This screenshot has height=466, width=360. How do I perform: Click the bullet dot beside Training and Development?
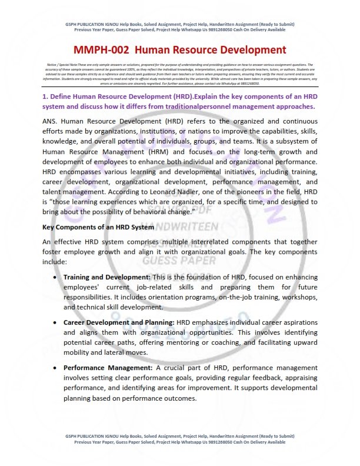55,277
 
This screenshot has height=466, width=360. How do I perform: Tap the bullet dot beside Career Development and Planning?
55,322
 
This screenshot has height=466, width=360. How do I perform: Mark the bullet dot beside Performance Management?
55,368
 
